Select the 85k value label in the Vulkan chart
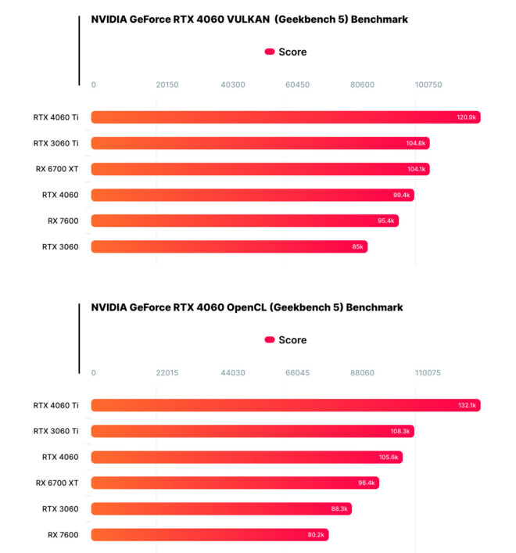point(357,247)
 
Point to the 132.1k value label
point(468,405)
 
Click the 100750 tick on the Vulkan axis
point(428,84)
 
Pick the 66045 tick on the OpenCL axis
point(297,372)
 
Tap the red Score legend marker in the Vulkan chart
point(270,52)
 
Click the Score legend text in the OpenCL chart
point(292,340)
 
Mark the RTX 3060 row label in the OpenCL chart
point(60,509)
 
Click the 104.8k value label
point(416,143)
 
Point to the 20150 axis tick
point(167,84)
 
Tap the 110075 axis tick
point(428,372)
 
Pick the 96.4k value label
point(367,483)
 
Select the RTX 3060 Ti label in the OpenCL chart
point(56,431)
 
